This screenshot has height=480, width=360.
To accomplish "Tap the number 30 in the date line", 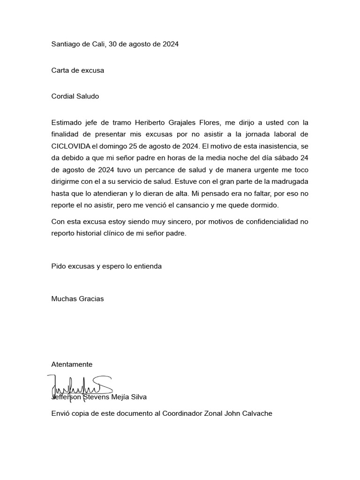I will pyautogui.click(x=113, y=44).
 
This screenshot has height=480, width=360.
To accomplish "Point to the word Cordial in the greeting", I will pyautogui.click(x=63, y=96).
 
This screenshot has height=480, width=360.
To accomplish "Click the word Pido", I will pyautogui.click(x=59, y=266).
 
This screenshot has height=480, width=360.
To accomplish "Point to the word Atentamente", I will pyautogui.click(x=72, y=364).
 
